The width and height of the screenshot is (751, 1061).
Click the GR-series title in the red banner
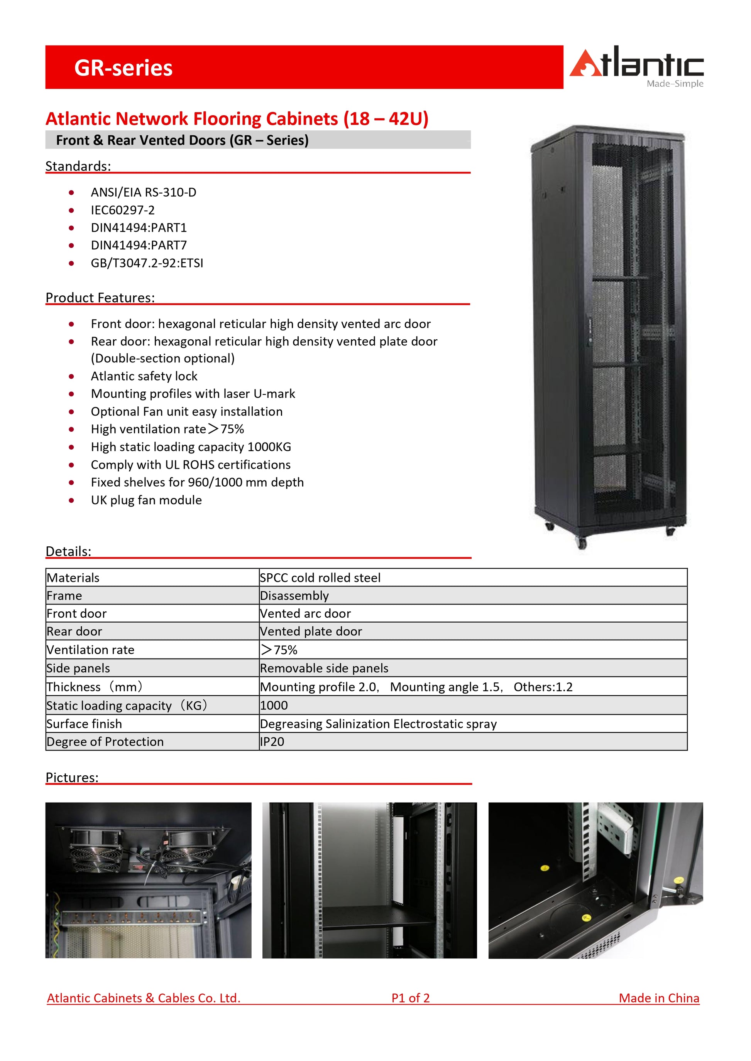pos(123,68)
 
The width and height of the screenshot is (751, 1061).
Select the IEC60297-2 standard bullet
pos(123,210)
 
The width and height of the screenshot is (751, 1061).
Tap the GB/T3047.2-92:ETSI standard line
pos(147,263)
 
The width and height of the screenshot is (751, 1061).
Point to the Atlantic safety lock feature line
pos(144,376)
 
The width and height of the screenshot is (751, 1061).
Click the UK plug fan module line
pos(146,500)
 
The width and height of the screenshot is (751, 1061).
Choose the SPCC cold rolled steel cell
pos(320,578)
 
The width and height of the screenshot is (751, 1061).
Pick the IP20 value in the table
pos(272,742)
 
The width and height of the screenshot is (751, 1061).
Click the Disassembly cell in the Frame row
pos(294,596)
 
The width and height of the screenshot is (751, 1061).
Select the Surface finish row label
pos(84,724)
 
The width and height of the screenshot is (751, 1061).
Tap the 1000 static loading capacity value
pos(274,705)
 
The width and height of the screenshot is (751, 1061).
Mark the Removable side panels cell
pos(324,668)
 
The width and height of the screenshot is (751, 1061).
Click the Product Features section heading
pos(100,298)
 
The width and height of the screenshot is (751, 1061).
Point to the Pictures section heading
pos(72,778)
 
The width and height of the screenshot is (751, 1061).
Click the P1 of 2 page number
pos(410,998)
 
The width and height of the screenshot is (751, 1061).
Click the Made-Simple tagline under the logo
pos(675,84)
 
